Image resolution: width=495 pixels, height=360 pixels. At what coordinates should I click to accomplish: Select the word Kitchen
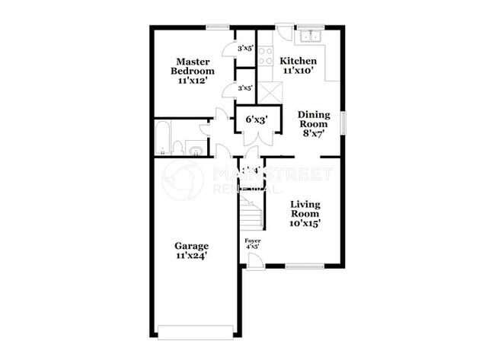[298, 61]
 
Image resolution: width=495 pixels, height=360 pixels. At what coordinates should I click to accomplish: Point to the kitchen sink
[311, 36]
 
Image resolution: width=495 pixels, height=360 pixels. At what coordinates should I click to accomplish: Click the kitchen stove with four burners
[266, 54]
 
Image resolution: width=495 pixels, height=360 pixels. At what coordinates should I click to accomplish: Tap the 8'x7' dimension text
[312, 133]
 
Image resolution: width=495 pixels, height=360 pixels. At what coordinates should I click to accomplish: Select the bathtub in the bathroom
[162, 138]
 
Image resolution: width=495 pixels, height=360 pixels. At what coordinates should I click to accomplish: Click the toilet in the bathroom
[177, 147]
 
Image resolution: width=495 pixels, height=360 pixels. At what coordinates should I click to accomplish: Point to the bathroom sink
[194, 147]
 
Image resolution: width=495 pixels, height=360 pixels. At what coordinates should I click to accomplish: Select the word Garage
[190, 246]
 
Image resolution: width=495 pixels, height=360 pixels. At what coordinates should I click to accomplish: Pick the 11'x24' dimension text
[190, 257]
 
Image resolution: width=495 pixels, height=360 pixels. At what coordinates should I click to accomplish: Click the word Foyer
[252, 241]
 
